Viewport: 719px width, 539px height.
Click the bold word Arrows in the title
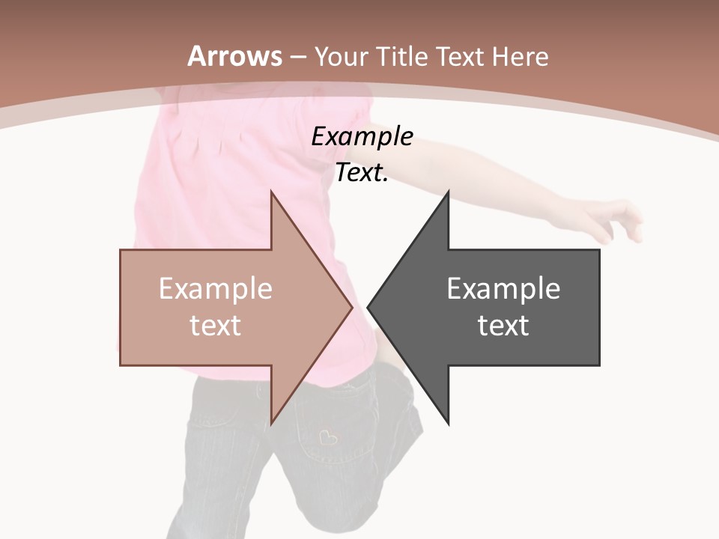(x=234, y=56)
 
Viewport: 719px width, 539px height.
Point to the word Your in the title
(x=340, y=56)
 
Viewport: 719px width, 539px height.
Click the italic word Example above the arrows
(x=362, y=136)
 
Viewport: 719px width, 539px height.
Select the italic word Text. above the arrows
(x=362, y=172)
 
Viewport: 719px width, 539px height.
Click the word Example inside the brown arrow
(x=215, y=288)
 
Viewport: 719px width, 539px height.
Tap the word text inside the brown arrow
(x=215, y=325)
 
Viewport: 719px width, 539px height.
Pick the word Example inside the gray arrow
(x=503, y=288)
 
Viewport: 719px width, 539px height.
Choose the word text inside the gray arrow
(x=503, y=325)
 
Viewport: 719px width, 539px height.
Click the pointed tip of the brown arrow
(x=352, y=307)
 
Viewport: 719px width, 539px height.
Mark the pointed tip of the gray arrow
(x=368, y=307)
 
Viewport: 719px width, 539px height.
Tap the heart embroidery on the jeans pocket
(x=327, y=436)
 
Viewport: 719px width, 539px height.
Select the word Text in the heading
(x=458, y=56)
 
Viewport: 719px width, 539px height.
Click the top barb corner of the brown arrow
(x=271, y=191)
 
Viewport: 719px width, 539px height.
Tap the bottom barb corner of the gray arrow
(x=449, y=424)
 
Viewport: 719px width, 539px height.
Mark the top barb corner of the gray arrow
(x=449, y=191)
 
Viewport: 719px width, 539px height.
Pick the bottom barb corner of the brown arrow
(x=271, y=424)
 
